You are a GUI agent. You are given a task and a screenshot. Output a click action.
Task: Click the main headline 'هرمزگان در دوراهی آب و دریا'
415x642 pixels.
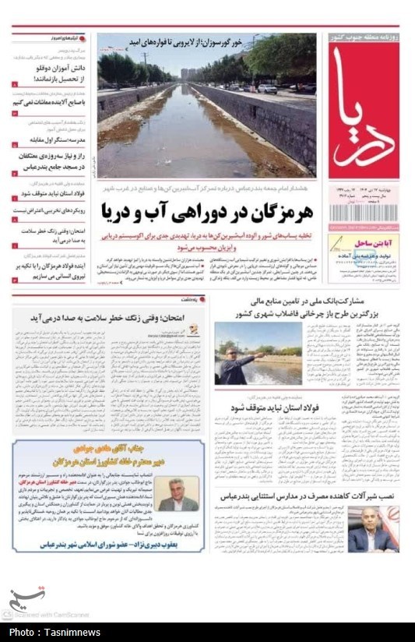(x=207, y=210)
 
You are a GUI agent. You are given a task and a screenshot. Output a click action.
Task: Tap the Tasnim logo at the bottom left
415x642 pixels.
(x=26, y=598)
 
